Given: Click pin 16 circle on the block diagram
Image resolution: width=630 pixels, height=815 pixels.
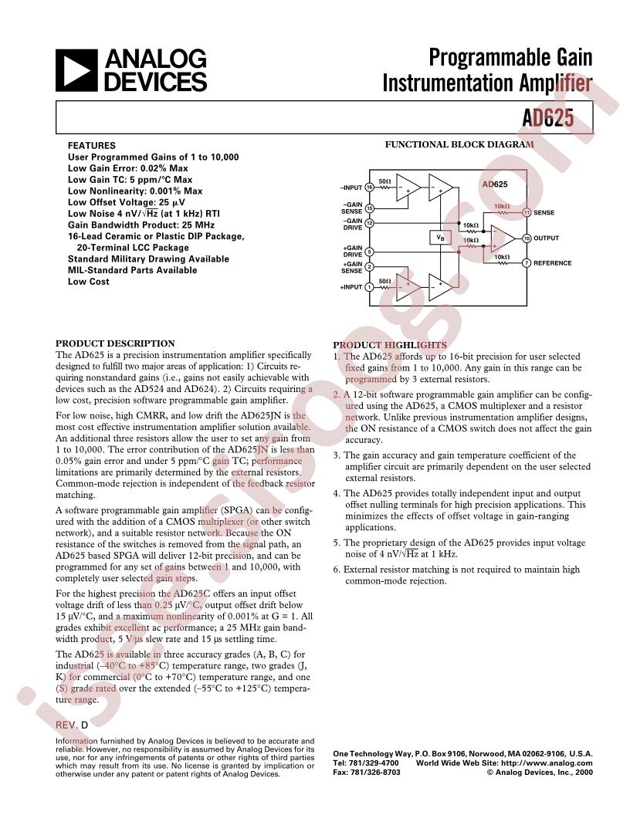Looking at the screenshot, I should pyautogui.click(x=369, y=188).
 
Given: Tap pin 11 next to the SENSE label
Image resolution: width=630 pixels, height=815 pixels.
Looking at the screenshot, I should pyautogui.click(x=526, y=212).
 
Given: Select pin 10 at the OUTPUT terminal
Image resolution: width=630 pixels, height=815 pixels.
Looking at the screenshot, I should pyautogui.click(x=526, y=238).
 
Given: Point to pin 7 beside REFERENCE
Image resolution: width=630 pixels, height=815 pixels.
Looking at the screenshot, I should pyautogui.click(x=526, y=263).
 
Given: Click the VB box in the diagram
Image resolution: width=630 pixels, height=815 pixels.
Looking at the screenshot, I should pyautogui.click(x=440, y=238).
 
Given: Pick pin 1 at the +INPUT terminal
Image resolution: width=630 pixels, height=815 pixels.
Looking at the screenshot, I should pyautogui.click(x=369, y=287).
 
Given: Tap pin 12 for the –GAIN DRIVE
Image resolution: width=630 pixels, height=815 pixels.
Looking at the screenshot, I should pyautogui.click(x=369, y=223).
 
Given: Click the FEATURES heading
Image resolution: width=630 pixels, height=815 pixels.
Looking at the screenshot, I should pyautogui.click(x=91, y=145).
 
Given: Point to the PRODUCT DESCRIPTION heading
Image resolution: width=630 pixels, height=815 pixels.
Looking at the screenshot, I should pyautogui.click(x=115, y=343).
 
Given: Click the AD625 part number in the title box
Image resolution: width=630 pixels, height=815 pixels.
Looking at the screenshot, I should pyautogui.click(x=557, y=119).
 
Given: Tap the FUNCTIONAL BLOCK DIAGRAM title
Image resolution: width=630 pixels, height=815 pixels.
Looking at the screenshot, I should pyautogui.click(x=459, y=144).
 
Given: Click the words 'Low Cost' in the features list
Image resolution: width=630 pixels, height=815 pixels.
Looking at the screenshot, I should pyautogui.click(x=88, y=282).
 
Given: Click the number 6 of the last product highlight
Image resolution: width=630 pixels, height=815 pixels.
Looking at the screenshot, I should pyautogui.click(x=337, y=570).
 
